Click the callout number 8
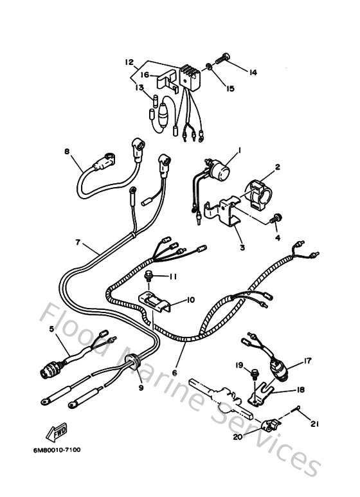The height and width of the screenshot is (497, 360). pos(66,152)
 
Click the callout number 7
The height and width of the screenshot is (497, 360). pos(77,242)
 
